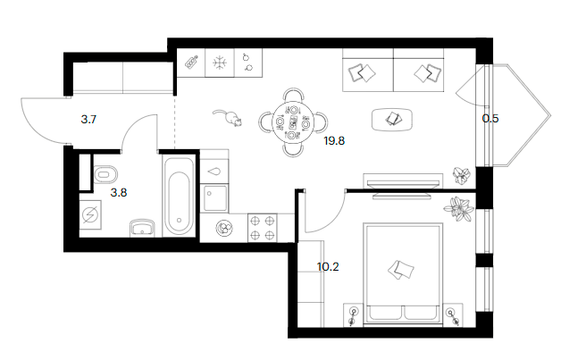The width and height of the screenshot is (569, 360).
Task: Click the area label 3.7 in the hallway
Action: click(x=88, y=119)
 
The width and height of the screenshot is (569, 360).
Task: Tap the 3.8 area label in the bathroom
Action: click(x=119, y=190)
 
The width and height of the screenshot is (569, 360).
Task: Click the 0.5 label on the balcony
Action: click(x=490, y=115)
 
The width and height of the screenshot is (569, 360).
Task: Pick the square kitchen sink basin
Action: click(x=216, y=197)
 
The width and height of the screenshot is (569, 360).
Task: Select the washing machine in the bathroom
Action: click(x=93, y=215)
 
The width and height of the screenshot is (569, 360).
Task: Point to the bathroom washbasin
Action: click(x=142, y=229)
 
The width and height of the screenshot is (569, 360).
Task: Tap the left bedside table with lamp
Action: click(x=353, y=314)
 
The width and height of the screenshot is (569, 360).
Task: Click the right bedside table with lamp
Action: click(x=453, y=314)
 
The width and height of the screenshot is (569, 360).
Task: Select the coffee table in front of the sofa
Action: click(x=393, y=117)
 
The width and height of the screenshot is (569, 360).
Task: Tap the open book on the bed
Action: click(x=399, y=267)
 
